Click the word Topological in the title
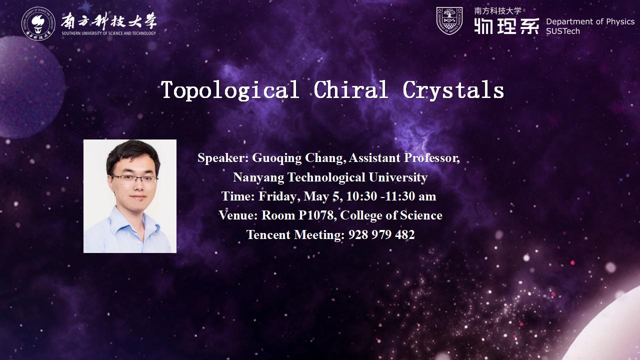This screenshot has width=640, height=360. click(229, 90)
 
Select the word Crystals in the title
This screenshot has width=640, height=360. click(453, 90)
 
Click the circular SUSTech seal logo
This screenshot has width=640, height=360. click(38, 23)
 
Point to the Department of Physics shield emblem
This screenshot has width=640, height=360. click(449, 21)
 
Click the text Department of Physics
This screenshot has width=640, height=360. click(590, 21)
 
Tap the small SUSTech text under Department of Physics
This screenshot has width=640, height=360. click(563, 31)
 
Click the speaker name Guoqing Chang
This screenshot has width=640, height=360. click(297, 158)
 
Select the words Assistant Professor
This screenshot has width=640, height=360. click(404, 157)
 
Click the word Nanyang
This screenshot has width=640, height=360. click(258, 177)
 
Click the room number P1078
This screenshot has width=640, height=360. click(317, 215)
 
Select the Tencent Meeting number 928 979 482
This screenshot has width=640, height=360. click(381, 234)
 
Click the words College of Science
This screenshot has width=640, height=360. click(391, 215)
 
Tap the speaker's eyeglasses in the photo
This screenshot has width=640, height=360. click(133, 178)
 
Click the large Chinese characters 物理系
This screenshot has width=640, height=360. click(506, 26)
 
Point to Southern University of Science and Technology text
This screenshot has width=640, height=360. click(109, 33)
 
